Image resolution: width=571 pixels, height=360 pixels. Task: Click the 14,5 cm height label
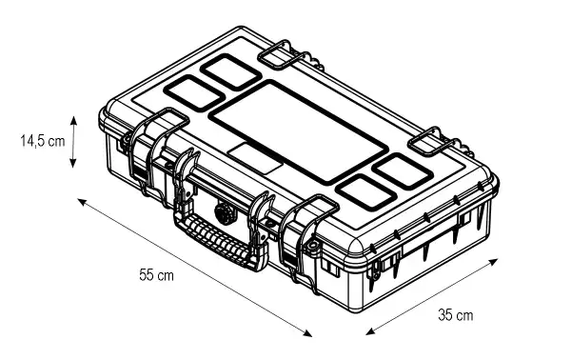(x=43, y=140)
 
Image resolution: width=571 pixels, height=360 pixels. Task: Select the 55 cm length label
(x=157, y=274)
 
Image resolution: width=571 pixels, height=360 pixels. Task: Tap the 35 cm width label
(x=456, y=315)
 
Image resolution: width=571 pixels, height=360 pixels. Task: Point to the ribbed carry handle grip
(x=219, y=239)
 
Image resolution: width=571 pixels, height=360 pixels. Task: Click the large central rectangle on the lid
(x=298, y=132)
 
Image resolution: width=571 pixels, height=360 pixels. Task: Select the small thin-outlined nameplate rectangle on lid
(x=256, y=158)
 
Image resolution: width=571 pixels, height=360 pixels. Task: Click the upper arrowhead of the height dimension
(x=73, y=120)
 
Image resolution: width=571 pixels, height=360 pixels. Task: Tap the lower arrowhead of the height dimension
(x=73, y=163)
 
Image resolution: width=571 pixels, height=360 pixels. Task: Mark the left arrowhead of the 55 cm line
(x=82, y=202)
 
